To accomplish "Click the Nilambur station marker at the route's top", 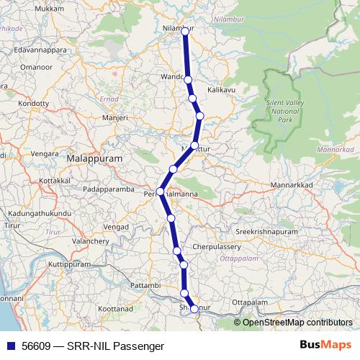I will tap(184, 30).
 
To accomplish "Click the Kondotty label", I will tap(32, 103).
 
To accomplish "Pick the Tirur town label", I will tap(11, 225).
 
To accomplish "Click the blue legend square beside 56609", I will tap(11, 346).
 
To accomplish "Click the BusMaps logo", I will tap(325, 345).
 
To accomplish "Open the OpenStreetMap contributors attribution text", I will tap(292, 323).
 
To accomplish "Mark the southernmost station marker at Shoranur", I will tap(194, 309).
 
